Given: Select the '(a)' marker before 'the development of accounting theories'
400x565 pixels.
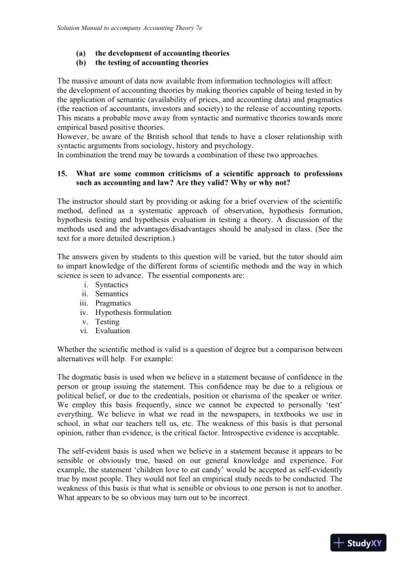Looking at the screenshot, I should click(81, 53).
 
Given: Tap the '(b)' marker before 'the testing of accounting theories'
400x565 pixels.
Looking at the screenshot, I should click(81, 63).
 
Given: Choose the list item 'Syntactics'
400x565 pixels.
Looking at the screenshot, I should click(112, 285).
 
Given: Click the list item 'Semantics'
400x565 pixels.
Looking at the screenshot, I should click(112, 294).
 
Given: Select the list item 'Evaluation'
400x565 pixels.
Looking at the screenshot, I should click(112, 331).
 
